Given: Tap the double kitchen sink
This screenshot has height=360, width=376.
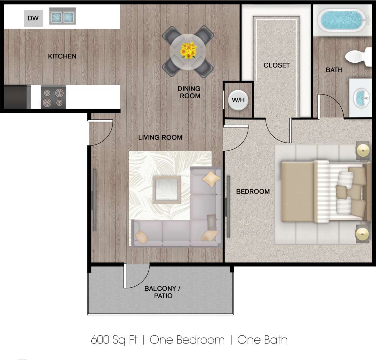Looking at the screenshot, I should tap(62, 16).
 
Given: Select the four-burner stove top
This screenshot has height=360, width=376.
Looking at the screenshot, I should tap(53, 97).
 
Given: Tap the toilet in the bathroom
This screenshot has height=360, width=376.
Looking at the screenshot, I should tap(359, 56).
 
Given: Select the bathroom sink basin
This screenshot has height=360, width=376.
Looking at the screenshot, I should tap(361, 97).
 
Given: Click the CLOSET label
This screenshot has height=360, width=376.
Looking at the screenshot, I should tap(276, 65).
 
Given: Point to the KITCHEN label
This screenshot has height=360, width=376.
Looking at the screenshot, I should tap(62, 56).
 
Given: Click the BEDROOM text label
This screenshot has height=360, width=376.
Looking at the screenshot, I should tap(253, 191).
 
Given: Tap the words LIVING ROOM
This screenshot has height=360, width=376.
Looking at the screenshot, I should tap(160, 137).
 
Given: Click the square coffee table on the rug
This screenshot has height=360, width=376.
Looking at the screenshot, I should tap(167, 190).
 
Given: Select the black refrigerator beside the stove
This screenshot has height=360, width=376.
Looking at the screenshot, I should tap(15, 97).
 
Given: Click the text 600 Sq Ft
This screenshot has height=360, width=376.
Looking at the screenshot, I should tap(114, 340).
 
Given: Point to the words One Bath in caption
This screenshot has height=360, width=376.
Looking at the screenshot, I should tap(262, 340).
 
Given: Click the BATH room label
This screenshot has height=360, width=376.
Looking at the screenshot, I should tap(334, 70).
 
